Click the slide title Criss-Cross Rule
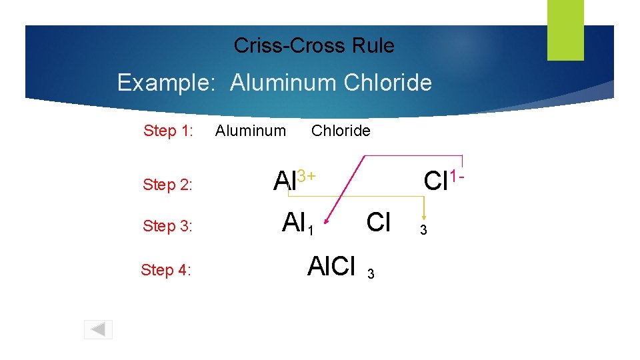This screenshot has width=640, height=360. pyautogui.click(x=314, y=45)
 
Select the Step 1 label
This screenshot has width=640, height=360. pyautogui.click(x=168, y=131)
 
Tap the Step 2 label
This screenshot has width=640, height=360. pyautogui.click(x=167, y=185)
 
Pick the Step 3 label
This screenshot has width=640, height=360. pyautogui.click(x=167, y=226)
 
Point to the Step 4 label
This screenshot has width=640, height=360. pyautogui.click(x=166, y=270)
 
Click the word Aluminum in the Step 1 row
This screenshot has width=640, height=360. pyautogui.click(x=250, y=131)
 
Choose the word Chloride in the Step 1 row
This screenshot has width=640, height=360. pyautogui.click(x=341, y=131)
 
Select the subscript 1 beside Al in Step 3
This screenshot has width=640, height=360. pyautogui.click(x=309, y=231)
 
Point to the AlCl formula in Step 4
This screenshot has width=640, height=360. pyautogui.click(x=331, y=266)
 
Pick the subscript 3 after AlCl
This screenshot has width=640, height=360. pyautogui.click(x=371, y=273)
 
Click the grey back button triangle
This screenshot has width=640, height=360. pyautogui.click(x=98, y=329)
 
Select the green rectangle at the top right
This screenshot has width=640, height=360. pyautogui.click(x=565, y=29)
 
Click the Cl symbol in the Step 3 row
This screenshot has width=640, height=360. pyautogui.click(x=379, y=221)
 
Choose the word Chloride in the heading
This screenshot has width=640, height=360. pyautogui.click(x=388, y=83)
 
